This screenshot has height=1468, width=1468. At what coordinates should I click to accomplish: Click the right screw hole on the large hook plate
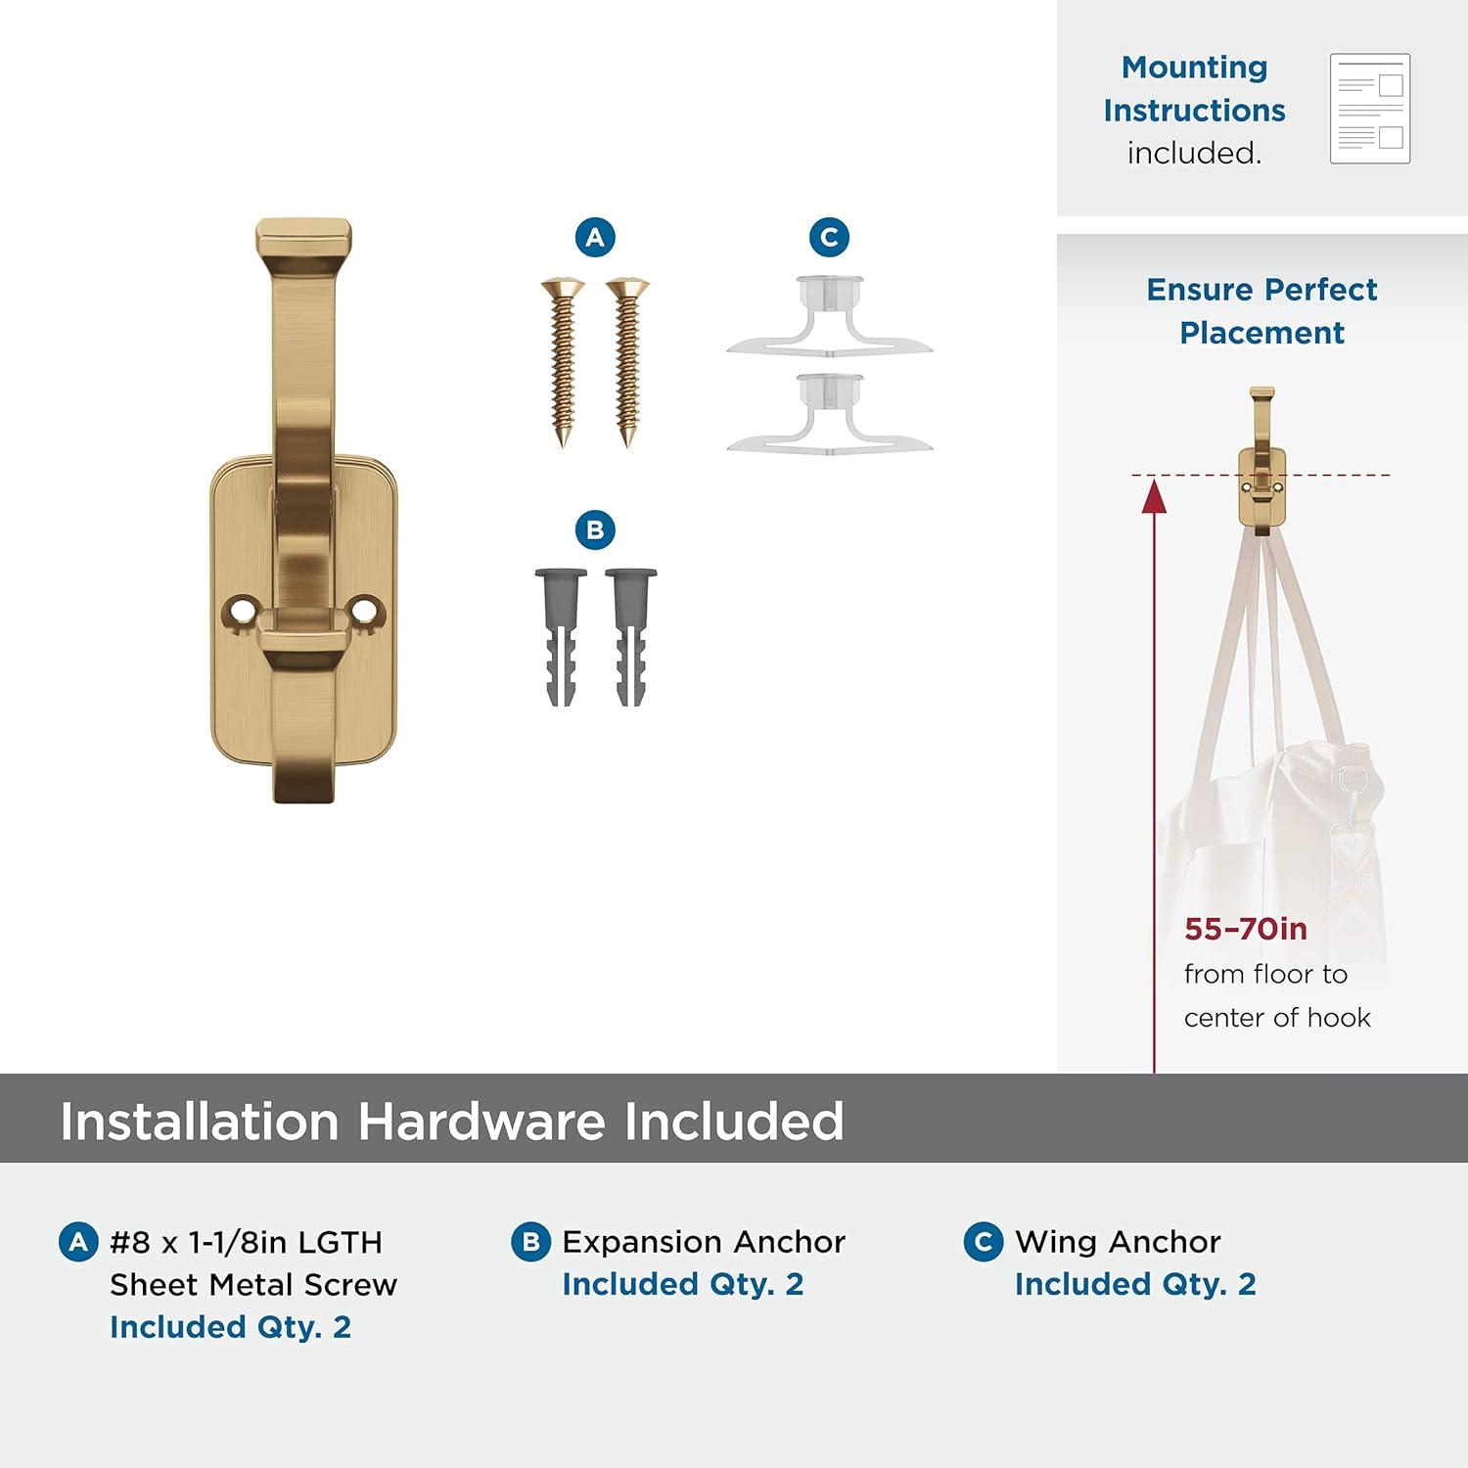365,611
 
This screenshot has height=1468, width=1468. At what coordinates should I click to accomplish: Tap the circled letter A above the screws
595,237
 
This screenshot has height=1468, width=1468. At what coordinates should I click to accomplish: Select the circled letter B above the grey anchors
595,530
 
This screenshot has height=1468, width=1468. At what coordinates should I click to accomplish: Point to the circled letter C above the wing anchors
829,237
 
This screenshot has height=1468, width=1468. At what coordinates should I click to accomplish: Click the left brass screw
563,362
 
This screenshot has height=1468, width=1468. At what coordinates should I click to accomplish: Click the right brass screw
627,362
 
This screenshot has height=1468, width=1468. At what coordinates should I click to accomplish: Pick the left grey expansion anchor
562,637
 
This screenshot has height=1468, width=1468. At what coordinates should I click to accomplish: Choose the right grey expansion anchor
631,637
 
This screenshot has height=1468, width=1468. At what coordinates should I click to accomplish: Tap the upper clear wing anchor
830,315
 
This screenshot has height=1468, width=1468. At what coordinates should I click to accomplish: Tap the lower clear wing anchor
830,413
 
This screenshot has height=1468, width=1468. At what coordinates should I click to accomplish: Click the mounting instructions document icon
1370,109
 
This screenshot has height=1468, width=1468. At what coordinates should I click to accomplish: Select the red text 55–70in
1246,929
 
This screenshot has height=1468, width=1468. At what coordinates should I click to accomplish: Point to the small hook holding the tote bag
1262,461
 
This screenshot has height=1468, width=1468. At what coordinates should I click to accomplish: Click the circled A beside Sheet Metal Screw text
78,1242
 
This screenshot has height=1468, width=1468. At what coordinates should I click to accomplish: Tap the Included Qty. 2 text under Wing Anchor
1135,1284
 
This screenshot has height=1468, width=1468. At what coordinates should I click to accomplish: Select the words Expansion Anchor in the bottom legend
704,1242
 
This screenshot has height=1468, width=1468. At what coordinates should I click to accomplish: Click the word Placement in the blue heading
1262,333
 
